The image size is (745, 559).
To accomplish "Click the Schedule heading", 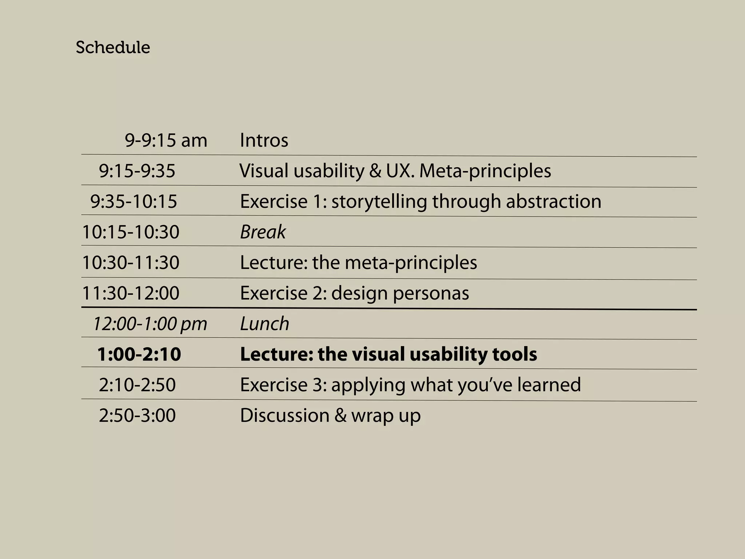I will pos(113,47).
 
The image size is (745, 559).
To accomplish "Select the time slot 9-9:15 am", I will pos(166,140).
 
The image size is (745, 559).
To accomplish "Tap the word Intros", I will pos(264,140).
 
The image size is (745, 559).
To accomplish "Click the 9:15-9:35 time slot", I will pos(137,171).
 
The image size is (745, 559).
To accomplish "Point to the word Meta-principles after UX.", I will pos(485,171).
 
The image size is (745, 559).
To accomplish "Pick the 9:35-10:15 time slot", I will pos(134,202).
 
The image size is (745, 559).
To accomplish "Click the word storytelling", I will pos(379,202).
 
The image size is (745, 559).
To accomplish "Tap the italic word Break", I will pos(263,232).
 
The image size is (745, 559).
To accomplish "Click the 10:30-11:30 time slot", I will pos(131,263).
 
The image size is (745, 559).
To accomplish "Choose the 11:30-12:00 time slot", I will pos(131,293).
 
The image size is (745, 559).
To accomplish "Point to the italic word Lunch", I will pos(265,324).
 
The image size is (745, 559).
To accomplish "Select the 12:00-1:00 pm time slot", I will pos(150,324).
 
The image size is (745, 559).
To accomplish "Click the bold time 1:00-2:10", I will pos(139,354).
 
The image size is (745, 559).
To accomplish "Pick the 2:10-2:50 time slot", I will pos(137,385).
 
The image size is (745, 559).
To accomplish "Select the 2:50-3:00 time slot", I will pos(137,416).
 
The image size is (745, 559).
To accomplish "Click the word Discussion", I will pos(285,416).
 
